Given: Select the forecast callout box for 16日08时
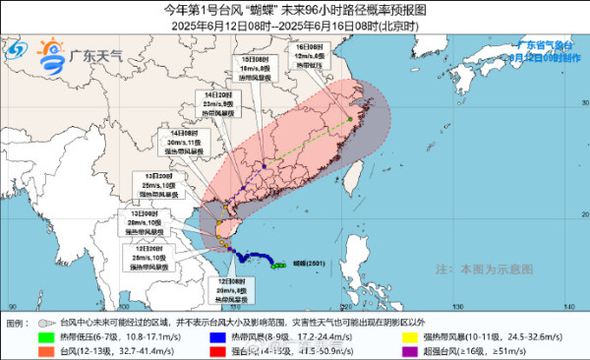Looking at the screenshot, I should click(311, 56).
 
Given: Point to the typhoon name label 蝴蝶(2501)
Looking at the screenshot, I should click(295, 264).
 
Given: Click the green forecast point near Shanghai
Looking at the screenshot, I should click(350, 120).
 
